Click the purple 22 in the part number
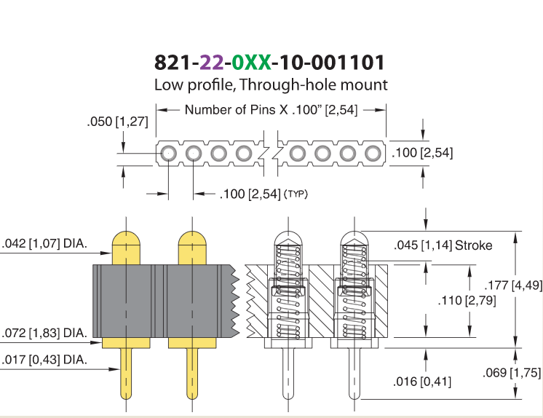[212, 63]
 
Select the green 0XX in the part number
[251, 63]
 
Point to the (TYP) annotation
[296, 194]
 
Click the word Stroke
[473, 245]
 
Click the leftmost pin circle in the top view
[168, 153]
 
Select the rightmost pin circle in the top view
[373, 153]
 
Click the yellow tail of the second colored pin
[192, 374]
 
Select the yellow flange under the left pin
[126, 343]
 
